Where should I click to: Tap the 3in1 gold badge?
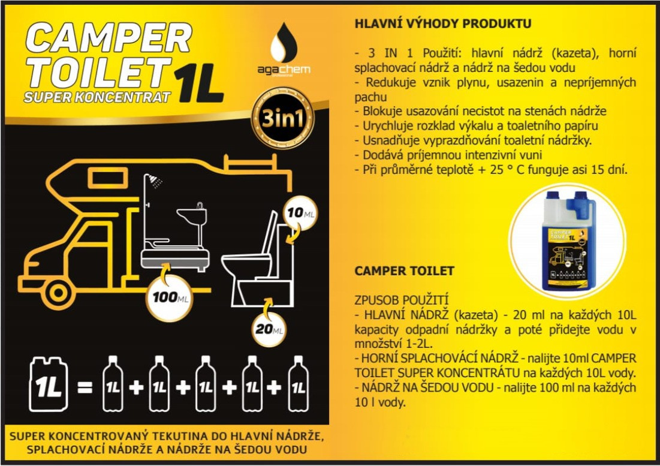(x=282, y=118)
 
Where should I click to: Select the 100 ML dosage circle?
(x=170, y=298)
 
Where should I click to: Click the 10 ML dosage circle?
(x=300, y=214)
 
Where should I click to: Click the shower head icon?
(x=156, y=182)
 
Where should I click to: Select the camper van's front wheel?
(x=59, y=293)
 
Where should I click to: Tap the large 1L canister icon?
(x=49, y=384)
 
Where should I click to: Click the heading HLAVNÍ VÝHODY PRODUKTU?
(x=443, y=23)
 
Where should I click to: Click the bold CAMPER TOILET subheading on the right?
(x=405, y=270)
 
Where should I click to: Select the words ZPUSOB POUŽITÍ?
(x=402, y=300)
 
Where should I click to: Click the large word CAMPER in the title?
(x=109, y=38)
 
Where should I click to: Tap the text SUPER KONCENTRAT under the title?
(x=97, y=97)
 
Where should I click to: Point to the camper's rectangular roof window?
(x=108, y=178)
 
